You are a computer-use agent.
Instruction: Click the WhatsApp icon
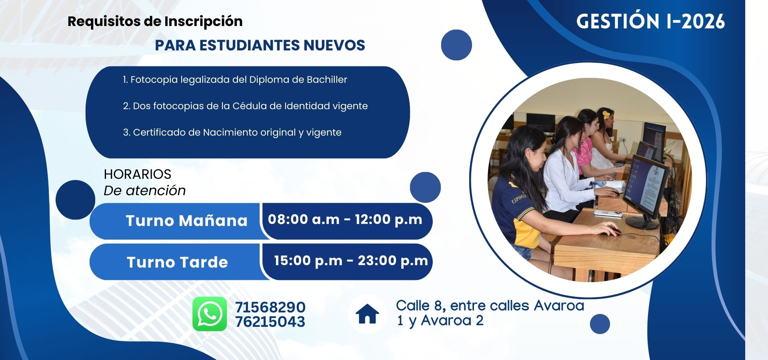click(x=210, y=314)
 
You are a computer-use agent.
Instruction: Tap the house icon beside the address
click(x=367, y=314)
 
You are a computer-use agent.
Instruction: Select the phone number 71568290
click(x=270, y=307)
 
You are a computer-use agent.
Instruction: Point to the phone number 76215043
click(x=270, y=322)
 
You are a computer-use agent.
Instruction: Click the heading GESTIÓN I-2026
click(x=650, y=21)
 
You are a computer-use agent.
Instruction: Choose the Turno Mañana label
click(x=187, y=221)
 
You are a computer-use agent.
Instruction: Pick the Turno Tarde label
click(x=177, y=262)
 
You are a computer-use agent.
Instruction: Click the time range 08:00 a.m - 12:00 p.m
click(x=345, y=219)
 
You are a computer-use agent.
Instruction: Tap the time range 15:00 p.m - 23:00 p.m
click(x=351, y=261)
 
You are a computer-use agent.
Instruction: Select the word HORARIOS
click(x=137, y=174)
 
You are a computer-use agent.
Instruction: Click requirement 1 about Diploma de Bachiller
click(x=235, y=80)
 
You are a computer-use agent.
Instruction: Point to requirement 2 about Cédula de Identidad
click(x=245, y=106)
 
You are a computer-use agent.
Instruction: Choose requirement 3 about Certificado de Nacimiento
click(x=232, y=132)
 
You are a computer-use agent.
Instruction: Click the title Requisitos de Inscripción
click(x=155, y=21)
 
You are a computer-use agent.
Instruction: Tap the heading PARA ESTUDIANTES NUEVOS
click(x=260, y=45)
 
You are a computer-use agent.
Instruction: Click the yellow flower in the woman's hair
click(x=606, y=115)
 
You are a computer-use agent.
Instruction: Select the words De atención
click(x=145, y=190)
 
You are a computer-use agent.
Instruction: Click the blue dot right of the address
click(x=600, y=324)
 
